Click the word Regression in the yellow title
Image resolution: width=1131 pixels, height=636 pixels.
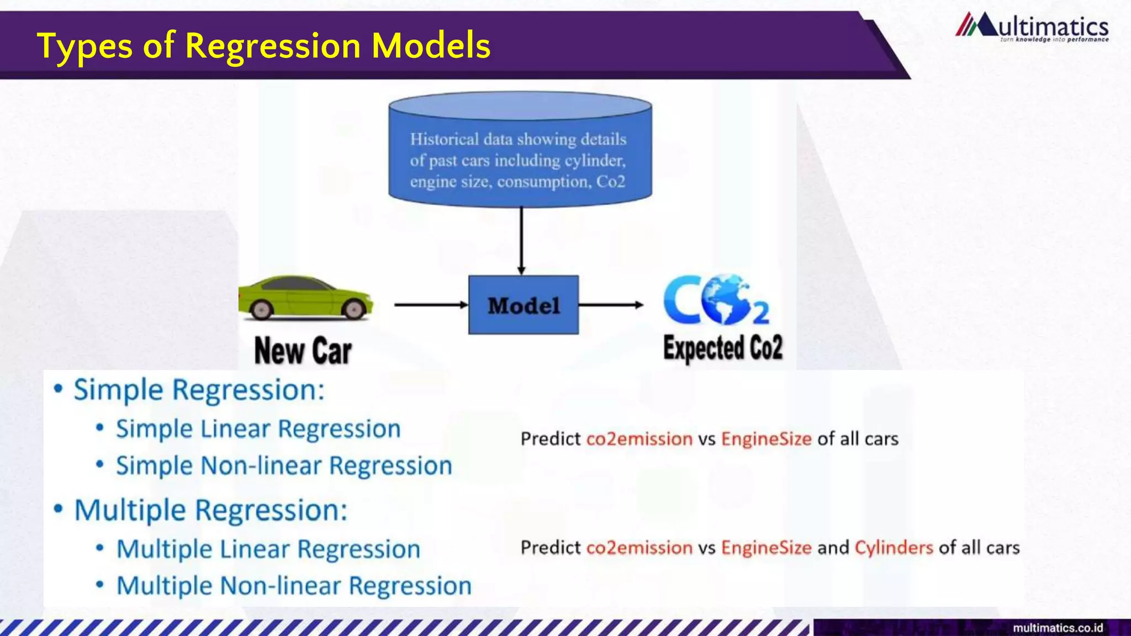click(x=273, y=46)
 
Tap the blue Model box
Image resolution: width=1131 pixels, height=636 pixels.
click(x=523, y=305)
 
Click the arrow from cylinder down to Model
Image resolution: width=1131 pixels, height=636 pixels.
click(x=521, y=240)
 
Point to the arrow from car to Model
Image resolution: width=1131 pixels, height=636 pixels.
click(x=430, y=304)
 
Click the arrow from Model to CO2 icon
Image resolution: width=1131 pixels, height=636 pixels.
click(x=610, y=304)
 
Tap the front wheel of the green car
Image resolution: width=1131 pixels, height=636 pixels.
click(x=355, y=309)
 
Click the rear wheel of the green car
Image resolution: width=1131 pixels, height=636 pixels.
click(x=261, y=310)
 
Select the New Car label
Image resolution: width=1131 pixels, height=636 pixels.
click(x=303, y=351)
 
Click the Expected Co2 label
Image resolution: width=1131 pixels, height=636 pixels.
click(x=722, y=348)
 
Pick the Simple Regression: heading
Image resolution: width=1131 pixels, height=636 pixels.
click(x=199, y=390)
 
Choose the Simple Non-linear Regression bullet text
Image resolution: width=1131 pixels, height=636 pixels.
click(x=284, y=465)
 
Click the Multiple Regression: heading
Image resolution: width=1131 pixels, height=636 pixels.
click(x=210, y=510)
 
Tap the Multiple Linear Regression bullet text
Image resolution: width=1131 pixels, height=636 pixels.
click(x=268, y=549)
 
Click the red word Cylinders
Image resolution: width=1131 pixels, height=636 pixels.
click(x=894, y=547)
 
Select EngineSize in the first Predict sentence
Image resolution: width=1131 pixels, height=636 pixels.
click(x=766, y=438)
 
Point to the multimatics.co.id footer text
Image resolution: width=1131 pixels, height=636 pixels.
click(x=1058, y=628)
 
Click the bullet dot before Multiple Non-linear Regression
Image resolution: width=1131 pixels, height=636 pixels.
click(x=100, y=585)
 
